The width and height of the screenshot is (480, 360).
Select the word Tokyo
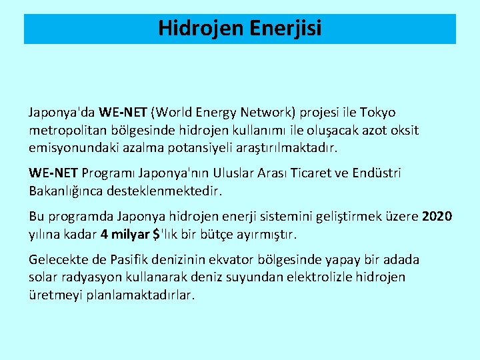pyautogui.click(x=377, y=113)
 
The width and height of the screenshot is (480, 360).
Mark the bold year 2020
pyautogui.click(x=437, y=217)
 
